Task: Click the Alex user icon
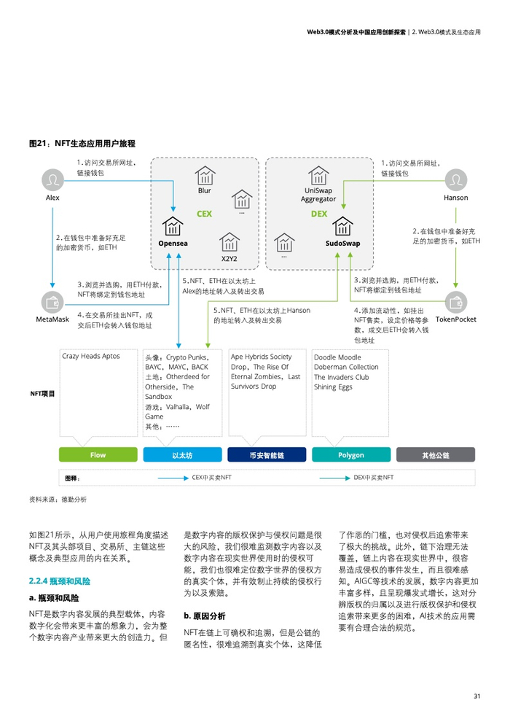pyautogui.click(x=52, y=179)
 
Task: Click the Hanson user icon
pyautogui.click(x=455, y=179)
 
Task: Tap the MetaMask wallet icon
pyautogui.click(x=52, y=301)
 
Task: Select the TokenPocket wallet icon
pyautogui.click(x=456, y=301)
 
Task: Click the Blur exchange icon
pyautogui.click(x=205, y=176)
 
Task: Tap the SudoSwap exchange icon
pyautogui.click(x=342, y=227)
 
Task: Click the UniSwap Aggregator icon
pyautogui.click(x=318, y=176)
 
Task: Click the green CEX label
pyautogui.click(x=205, y=214)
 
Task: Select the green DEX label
pyautogui.click(x=319, y=214)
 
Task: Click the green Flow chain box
pyautogui.click(x=98, y=455)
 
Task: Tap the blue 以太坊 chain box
pyautogui.click(x=182, y=455)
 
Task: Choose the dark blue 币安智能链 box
pyautogui.click(x=267, y=455)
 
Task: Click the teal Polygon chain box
pyautogui.click(x=351, y=455)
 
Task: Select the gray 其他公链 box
pyautogui.click(x=436, y=455)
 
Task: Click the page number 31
pyautogui.click(x=476, y=696)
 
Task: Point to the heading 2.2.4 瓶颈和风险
pyautogui.click(x=60, y=581)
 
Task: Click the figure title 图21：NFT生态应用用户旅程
pyautogui.click(x=82, y=144)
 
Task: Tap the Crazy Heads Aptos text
pyautogui.click(x=91, y=357)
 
